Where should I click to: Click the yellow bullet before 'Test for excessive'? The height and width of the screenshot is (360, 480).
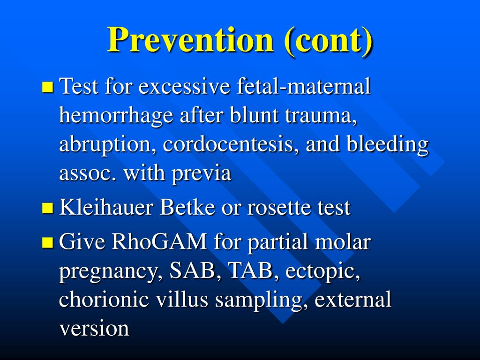48,87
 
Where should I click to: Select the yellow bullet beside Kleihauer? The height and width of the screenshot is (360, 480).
48,208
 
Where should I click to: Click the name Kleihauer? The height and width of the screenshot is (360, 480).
107,208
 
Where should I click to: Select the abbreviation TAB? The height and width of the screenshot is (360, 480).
248,272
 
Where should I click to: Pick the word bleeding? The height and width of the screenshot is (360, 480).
387,145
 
